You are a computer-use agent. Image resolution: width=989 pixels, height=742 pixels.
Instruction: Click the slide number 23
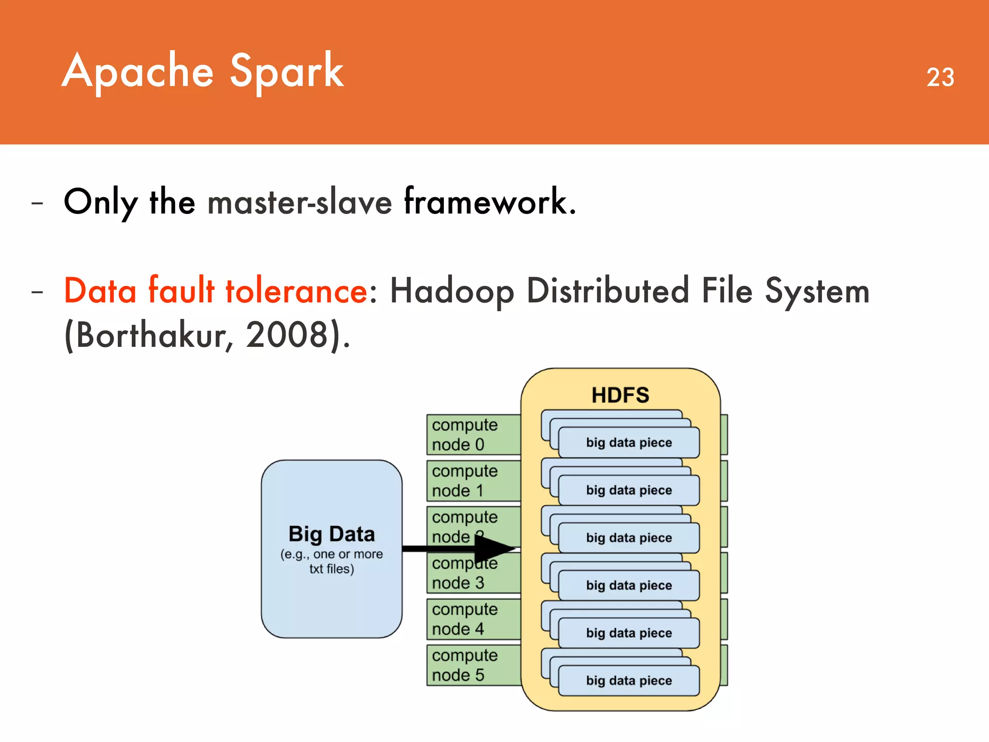tap(940, 77)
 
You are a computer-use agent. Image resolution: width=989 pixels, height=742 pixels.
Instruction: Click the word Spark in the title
tap(286, 71)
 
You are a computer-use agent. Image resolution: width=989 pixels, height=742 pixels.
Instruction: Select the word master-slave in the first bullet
tap(299, 202)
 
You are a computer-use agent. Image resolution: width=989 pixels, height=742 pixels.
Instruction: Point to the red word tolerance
tap(297, 291)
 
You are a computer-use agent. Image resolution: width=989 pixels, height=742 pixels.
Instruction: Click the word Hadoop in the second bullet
tap(452, 292)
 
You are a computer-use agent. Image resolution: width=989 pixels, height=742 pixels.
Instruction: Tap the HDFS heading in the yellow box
tap(620, 395)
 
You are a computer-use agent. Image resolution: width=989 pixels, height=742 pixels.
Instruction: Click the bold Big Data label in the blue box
tap(331, 534)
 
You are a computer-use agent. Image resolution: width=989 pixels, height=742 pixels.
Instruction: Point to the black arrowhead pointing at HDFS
tap(495, 548)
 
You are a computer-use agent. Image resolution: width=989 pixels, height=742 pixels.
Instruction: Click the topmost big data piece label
tap(629, 442)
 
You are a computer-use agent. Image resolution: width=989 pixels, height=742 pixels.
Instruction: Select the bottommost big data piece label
tap(629, 680)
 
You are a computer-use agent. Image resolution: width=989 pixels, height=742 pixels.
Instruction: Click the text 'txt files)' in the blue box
tap(331, 569)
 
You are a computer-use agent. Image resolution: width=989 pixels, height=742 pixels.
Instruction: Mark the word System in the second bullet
tap(817, 291)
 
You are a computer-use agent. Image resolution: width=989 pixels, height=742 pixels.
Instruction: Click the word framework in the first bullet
tap(490, 202)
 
